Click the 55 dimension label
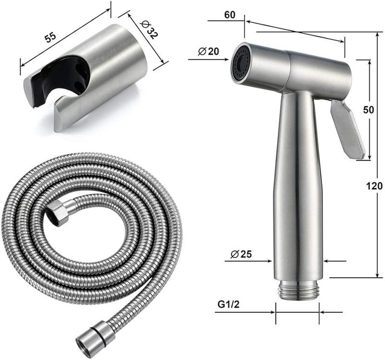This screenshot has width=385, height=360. (51, 37)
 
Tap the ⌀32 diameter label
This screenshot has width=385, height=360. (148, 29)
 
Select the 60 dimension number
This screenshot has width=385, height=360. (230, 15)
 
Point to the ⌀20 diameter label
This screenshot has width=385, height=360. (208, 51)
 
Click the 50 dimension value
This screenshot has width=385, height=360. (368, 110)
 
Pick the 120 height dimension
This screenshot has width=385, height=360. (374, 186)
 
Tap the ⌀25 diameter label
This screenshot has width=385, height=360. (241, 254)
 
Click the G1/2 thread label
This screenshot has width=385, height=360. (228, 305)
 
